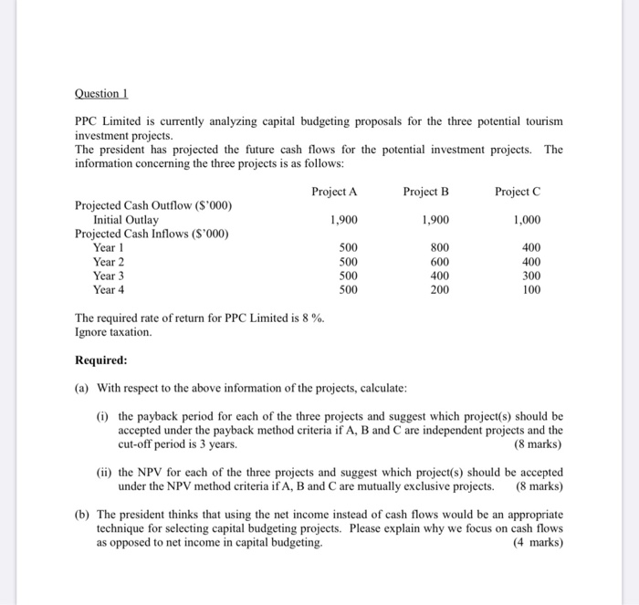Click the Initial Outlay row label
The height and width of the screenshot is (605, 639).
click(x=125, y=220)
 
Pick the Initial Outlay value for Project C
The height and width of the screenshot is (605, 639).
click(x=527, y=220)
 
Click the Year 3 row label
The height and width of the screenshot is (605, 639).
click(x=109, y=276)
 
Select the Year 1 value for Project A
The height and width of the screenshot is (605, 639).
click(x=348, y=247)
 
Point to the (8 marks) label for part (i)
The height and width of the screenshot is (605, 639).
click(x=539, y=444)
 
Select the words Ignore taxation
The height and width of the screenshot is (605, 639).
click(x=112, y=331)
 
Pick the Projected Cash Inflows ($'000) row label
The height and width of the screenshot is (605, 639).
click(x=151, y=234)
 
